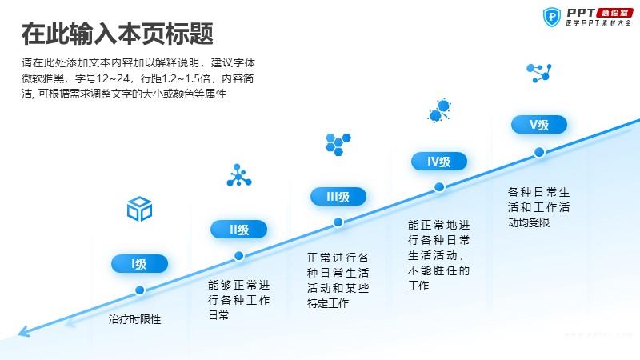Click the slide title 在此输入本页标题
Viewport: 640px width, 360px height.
(118, 34)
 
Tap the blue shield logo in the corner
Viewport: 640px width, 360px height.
(552, 17)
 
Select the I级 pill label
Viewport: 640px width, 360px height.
(139, 264)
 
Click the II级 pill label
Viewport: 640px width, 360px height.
(238, 230)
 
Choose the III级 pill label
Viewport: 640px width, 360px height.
(338, 197)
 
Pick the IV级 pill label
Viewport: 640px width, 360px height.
(438, 162)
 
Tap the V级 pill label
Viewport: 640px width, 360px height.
(539, 125)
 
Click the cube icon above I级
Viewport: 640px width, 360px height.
(139, 209)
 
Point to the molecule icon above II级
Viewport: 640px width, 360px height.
(239, 175)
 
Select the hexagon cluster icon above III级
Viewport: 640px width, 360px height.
(338, 144)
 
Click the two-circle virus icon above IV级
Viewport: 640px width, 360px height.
(439, 110)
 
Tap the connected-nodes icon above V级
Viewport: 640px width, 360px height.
(539, 73)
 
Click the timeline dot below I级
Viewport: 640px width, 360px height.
(139, 290)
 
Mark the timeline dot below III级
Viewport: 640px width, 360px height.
(338, 222)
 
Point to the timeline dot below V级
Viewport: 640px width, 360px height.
(539, 152)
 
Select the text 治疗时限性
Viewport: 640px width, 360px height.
(134, 319)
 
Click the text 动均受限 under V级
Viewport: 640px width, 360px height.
(529, 222)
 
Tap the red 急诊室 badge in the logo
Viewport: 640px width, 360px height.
(614, 13)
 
